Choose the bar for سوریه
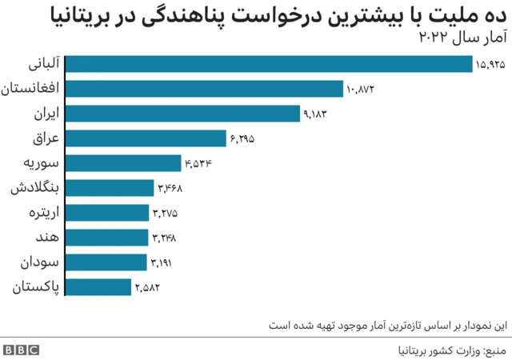pos(124,163)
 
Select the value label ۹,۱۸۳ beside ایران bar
pos(316,114)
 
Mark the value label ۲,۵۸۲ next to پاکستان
pos(148,286)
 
